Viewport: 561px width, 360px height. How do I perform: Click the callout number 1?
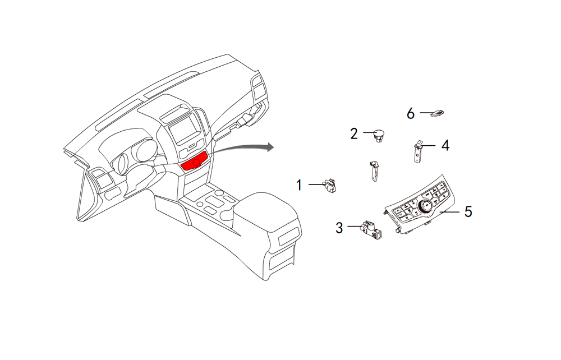pos(299,186)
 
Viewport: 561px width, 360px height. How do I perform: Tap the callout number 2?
pos(354,133)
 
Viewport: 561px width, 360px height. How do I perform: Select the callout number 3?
pos(339,228)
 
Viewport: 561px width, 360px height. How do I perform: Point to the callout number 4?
pos(445,145)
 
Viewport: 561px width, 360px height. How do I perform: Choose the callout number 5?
pos(468,211)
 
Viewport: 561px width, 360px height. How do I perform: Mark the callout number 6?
pos(411,114)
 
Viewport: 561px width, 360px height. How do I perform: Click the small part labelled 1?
pos(330,186)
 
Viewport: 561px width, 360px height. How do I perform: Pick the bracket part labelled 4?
pos(418,151)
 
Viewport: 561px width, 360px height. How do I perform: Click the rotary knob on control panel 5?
pos(426,207)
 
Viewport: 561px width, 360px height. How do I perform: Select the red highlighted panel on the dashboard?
pos(195,161)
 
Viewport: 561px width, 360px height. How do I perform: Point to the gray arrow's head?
pos(269,146)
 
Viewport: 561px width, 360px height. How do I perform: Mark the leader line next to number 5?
pos(449,211)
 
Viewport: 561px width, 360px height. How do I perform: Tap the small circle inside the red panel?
pos(196,163)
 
